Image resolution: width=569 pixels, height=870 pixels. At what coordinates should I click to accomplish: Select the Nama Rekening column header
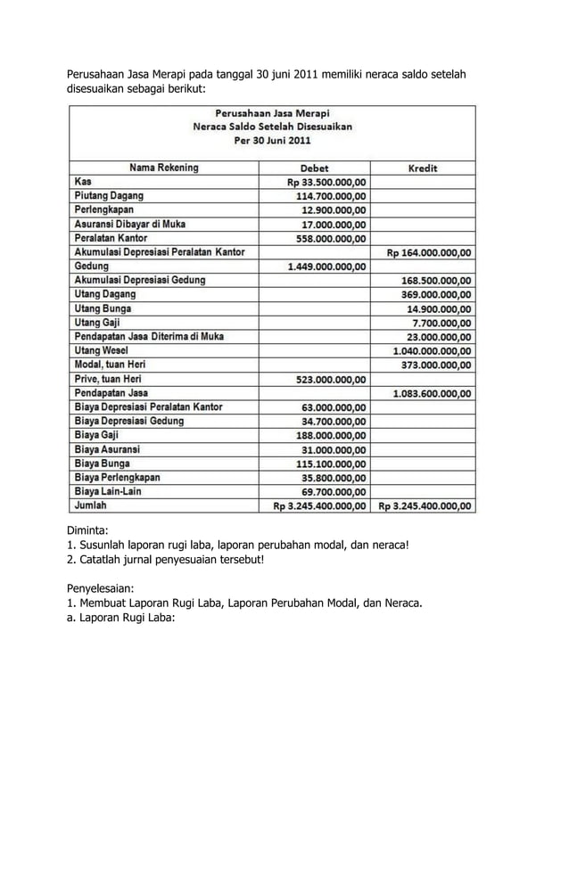click(164, 168)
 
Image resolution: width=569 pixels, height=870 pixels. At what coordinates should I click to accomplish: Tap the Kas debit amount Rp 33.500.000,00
click(325, 182)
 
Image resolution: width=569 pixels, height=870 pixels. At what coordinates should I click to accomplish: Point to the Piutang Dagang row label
click(108, 195)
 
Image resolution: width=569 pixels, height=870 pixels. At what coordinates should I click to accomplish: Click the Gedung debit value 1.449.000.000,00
click(326, 267)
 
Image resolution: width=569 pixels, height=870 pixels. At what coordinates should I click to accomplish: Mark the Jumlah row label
click(90, 505)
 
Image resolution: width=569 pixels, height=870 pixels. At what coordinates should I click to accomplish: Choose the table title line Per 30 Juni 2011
click(272, 141)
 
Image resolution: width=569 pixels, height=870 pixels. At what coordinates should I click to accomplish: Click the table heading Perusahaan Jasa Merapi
click(272, 113)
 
